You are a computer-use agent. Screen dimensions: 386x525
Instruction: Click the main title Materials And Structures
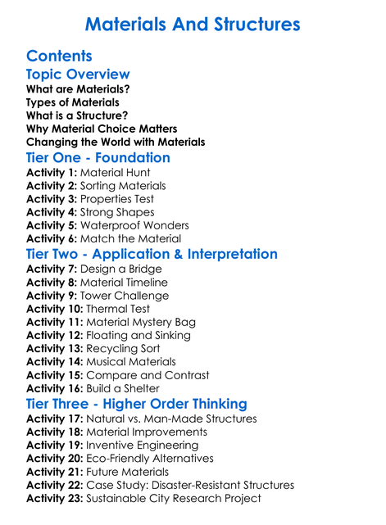click(x=193, y=24)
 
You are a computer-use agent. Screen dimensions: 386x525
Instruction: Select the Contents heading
click(x=59, y=57)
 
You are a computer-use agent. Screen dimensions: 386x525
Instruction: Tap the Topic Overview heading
click(x=78, y=75)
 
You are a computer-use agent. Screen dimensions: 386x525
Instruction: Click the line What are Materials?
click(x=78, y=89)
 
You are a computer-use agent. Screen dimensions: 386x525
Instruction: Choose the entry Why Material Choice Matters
click(x=102, y=129)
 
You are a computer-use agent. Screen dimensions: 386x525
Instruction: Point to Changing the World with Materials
click(x=116, y=142)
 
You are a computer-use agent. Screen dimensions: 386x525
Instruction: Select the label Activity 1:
click(x=52, y=173)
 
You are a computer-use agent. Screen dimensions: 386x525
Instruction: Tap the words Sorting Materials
click(x=123, y=186)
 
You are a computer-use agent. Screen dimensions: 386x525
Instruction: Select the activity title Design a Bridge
click(x=121, y=269)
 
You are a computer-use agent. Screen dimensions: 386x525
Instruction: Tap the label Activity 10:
click(x=55, y=309)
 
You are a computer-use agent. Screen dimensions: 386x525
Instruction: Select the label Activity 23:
click(x=55, y=498)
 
